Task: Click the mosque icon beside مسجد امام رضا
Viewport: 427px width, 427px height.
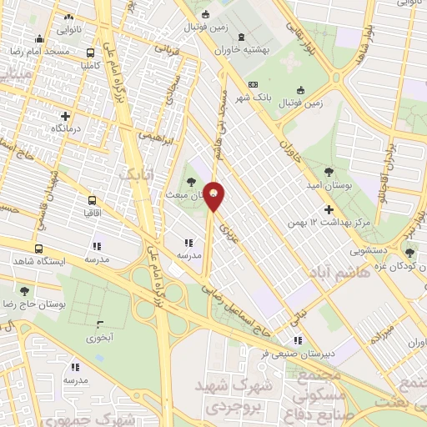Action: (39, 38)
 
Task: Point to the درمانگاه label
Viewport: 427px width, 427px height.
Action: (48, 128)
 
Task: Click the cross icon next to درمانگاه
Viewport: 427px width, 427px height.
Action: (66, 115)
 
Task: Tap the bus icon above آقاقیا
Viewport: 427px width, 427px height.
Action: (90, 200)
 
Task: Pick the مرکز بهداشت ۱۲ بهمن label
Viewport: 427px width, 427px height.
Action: (327, 223)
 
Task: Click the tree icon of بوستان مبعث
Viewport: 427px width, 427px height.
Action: (192, 182)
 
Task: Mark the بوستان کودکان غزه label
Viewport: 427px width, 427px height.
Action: (394, 265)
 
